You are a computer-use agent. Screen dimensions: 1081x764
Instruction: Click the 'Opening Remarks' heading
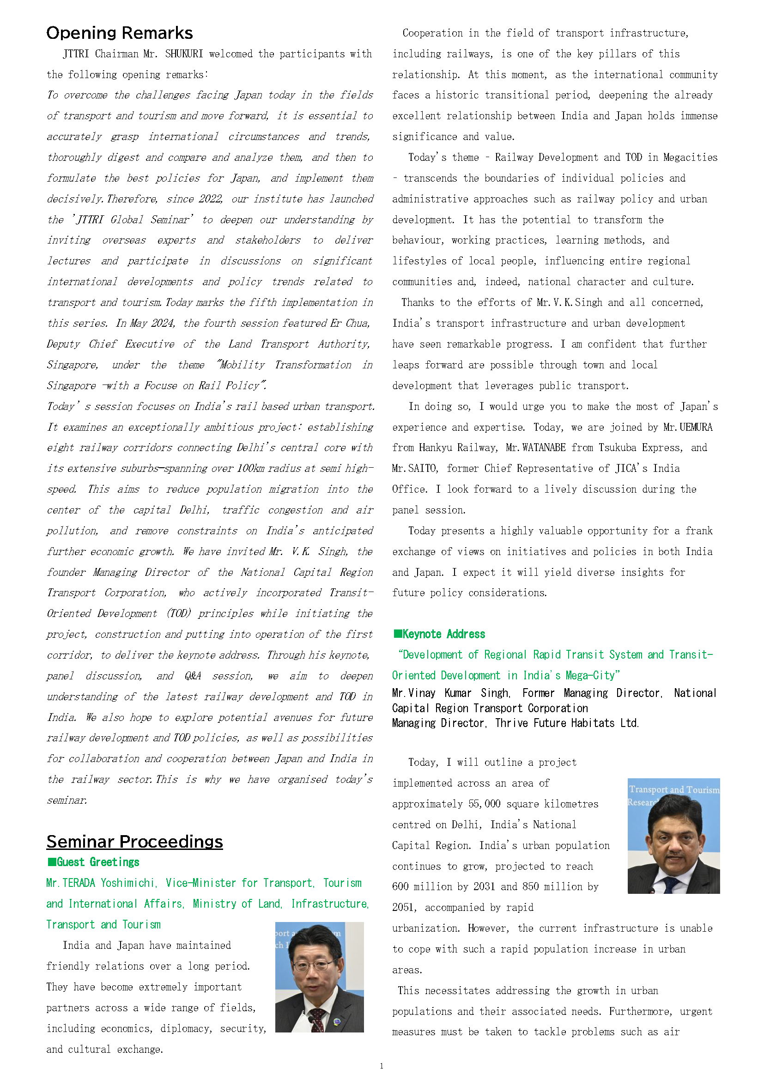[x=120, y=33]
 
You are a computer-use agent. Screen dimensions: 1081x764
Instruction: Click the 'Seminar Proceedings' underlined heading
[x=134, y=841]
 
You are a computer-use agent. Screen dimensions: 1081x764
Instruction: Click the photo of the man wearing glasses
[x=320, y=977]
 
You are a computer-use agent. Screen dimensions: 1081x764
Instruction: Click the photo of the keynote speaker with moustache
[x=673, y=836]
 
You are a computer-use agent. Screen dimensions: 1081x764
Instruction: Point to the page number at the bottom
[x=382, y=1066]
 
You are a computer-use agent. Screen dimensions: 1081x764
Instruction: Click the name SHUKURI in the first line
[x=184, y=54]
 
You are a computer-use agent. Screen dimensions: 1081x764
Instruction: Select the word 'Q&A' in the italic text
[x=193, y=676]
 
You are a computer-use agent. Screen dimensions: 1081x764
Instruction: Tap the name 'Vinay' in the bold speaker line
[x=422, y=693]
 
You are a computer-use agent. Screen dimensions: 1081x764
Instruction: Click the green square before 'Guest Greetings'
[x=51, y=862]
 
